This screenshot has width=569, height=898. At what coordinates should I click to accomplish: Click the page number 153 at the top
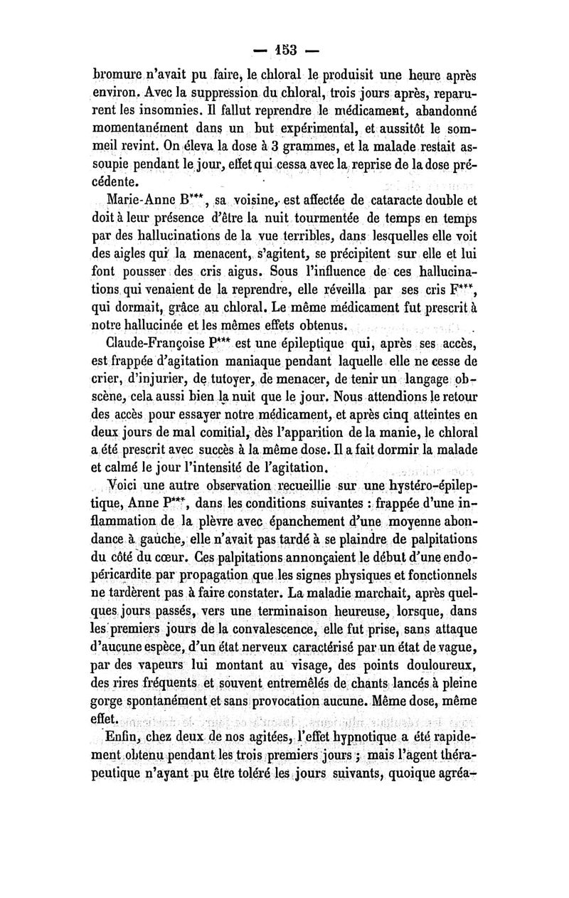tap(284, 51)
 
